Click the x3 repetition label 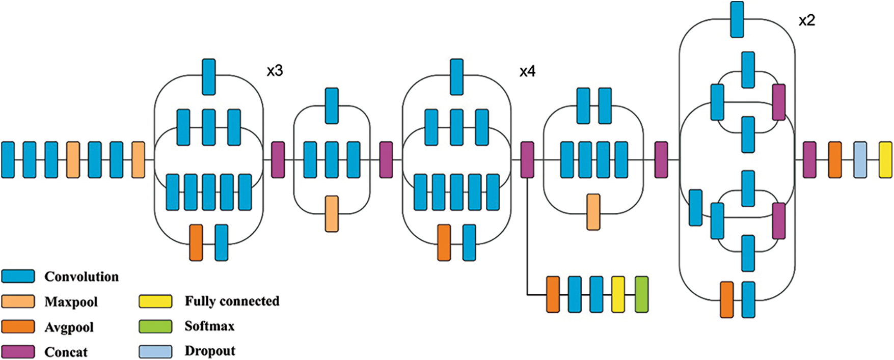[x=275, y=71]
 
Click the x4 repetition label [x=527, y=72]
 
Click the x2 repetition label [x=807, y=20]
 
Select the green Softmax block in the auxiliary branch [x=642, y=294]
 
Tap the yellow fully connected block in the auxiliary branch [x=618, y=294]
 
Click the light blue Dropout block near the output [x=860, y=160]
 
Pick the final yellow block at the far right [x=885, y=160]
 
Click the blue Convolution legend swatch [x=18, y=276]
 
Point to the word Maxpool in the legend [x=71, y=302]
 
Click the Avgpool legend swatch [x=18, y=326]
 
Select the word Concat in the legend [x=66, y=352]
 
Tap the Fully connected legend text [x=232, y=301]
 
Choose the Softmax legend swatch [x=155, y=326]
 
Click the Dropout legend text [x=210, y=351]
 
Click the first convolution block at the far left [x=8, y=160]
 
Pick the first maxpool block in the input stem [x=73, y=160]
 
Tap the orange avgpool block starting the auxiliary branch [x=553, y=294]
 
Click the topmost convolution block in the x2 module [x=737, y=19]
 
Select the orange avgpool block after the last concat [x=835, y=160]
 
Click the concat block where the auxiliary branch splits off [x=527, y=160]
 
